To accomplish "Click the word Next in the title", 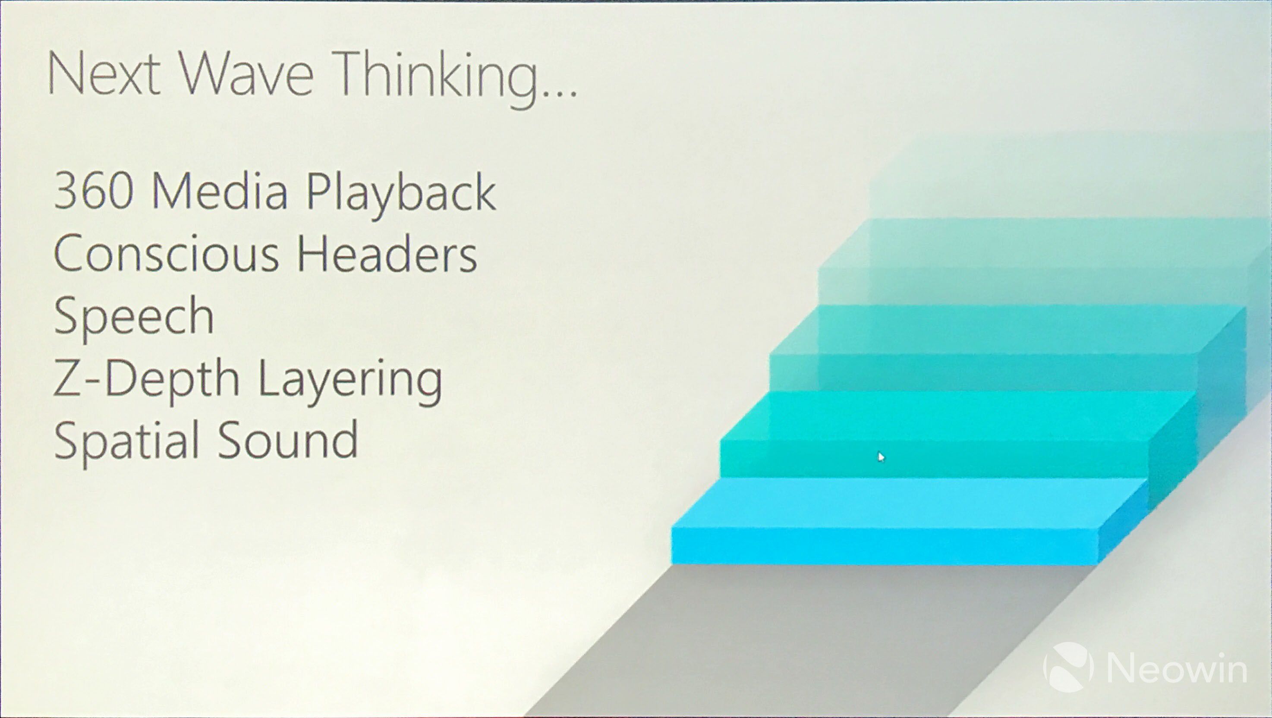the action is [x=104, y=74].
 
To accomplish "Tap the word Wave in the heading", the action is [x=246, y=74].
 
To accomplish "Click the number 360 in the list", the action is [x=93, y=192].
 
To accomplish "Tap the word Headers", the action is [x=387, y=253].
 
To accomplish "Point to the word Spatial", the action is [x=126, y=442].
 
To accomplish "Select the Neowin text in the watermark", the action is [x=1177, y=668].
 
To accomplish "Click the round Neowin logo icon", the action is [x=1067, y=667].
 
